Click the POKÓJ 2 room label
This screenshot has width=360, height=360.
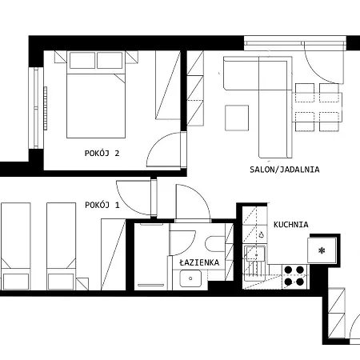tap(102, 154)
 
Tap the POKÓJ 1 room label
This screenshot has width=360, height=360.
tap(102, 205)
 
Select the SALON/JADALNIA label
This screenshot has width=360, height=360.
tap(285, 170)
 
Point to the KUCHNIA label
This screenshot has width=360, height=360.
tap(291, 225)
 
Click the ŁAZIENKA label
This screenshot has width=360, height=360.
tap(199, 262)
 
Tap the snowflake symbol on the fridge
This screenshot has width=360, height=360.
tap(322, 250)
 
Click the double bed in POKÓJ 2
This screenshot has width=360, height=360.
tap(96, 94)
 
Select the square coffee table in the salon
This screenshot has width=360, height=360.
tap(237, 118)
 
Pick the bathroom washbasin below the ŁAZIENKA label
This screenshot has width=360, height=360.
tap(190, 278)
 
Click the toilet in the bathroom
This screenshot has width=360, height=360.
tap(215, 244)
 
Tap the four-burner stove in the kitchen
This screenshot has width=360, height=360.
tap(294, 276)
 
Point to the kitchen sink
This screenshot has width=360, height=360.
tap(255, 254)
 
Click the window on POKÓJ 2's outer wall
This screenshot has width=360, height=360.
tap(36, 108)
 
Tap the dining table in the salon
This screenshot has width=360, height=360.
tap(317, 107)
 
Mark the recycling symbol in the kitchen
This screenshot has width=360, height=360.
tap(262, 234)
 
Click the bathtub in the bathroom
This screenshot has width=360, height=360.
tap(151, 257)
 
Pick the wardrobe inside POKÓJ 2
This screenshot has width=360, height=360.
tap(168, 85)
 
